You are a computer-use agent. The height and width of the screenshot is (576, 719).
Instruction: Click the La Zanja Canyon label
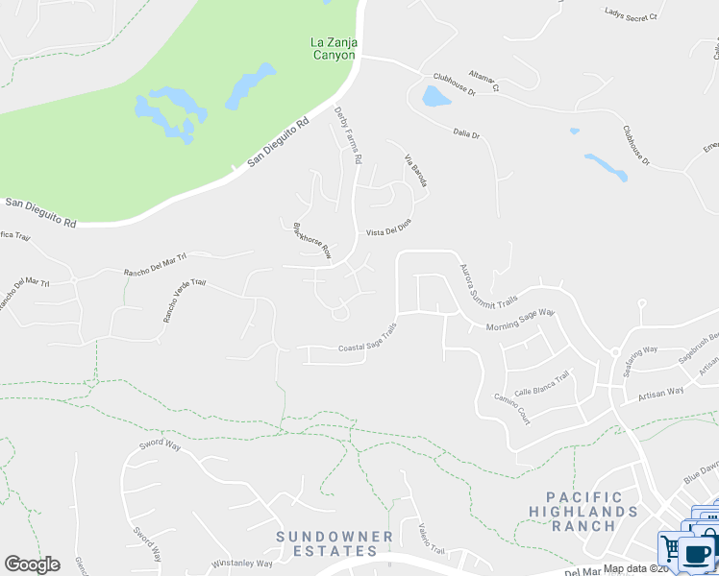pos(333,48)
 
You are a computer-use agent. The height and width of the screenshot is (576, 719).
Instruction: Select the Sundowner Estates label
pos(335,543)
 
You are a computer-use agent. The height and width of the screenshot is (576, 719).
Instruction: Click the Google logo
pos(32,564)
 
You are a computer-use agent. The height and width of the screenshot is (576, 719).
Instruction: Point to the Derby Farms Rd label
pos(347,135)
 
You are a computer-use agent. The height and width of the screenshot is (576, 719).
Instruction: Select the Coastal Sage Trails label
pos(367,343)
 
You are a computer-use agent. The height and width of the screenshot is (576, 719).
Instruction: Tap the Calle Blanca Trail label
pos(542,385)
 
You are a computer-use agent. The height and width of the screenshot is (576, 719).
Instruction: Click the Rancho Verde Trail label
pos(184,299)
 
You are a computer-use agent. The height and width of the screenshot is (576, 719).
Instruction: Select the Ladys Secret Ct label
pos(631,15)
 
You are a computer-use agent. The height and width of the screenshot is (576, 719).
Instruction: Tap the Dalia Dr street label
pos(463,135)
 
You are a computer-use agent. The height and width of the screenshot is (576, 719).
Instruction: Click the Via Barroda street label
pos(414,170)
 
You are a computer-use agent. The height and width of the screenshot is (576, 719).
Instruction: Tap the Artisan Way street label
pos(661,391)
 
